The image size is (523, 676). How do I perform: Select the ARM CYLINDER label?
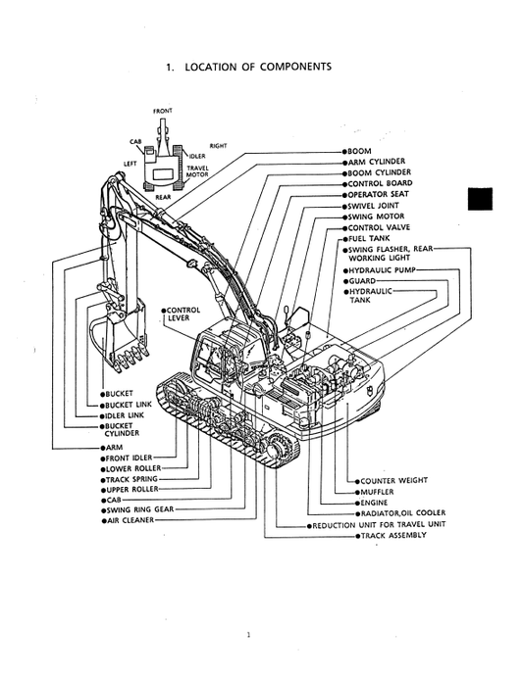pyautogui.click(x=376, y=162)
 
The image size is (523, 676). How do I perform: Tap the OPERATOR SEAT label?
pyautogui.click(x=379, y=195)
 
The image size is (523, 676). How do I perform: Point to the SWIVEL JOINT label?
pyautogui.click(x=375, y=207)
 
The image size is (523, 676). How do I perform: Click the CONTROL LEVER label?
pyautogui.click(x=183, y=314)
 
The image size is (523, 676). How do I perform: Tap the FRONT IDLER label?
pyautogui.click(x=131, y=457)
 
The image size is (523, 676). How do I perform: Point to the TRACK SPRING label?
pyautogui.click(x=132, y=478)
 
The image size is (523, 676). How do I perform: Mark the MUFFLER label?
pyautogui.click(x=378, y=492)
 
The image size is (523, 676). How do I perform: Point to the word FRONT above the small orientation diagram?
pyautogui.click(x=163, y=112)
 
